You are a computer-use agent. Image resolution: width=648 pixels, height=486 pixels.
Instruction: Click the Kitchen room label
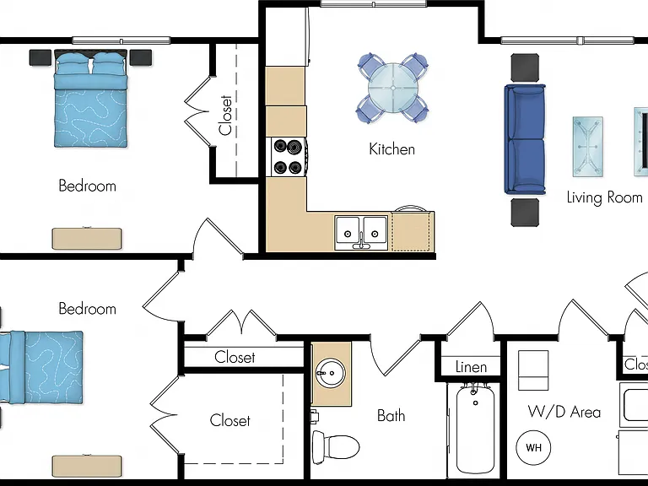click(x=391, y=148)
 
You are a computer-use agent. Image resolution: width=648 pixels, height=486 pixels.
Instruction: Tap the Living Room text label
click(x=604, y=197)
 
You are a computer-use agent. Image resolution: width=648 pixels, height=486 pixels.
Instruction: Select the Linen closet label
click(x=471, y=366)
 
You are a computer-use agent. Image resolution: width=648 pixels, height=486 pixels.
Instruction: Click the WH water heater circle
click(x=533, y=447)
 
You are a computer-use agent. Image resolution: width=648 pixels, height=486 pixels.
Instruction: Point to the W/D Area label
click(x=564, y=412)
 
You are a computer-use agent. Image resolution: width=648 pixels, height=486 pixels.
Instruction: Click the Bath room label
click(x=391, y=415)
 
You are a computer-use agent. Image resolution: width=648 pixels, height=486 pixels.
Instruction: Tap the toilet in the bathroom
click(x=336, y=446)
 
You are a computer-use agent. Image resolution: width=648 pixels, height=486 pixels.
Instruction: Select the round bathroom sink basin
click(x=330, y=373)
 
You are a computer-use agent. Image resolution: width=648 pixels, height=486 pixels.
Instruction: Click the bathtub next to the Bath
click(x=475, y=429)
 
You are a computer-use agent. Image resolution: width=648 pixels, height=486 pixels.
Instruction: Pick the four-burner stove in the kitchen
click(x=289, y=157)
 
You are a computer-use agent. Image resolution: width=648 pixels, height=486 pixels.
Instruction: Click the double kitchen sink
click(x=362, y=232)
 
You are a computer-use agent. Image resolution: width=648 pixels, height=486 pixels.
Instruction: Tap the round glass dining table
click(x=393, y=88)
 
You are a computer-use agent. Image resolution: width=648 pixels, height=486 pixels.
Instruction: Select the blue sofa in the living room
click(x=525, y=139)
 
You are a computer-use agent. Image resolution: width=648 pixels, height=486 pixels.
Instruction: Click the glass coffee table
click(x=587, y=146)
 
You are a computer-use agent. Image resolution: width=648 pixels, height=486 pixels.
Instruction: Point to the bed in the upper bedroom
click(x=90, y=99)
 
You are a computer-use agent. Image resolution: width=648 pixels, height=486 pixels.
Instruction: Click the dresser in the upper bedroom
click(x=87, y=239)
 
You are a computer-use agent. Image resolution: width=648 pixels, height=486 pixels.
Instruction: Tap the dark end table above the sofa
click(x=526, y=67)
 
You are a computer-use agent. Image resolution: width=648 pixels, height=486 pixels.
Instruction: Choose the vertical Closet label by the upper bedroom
click(x=225, y=116)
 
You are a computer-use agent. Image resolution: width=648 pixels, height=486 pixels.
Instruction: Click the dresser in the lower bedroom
click(x=87, y=467)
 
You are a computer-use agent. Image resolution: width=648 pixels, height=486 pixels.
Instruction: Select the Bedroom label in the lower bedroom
click(x=87, y=309)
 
